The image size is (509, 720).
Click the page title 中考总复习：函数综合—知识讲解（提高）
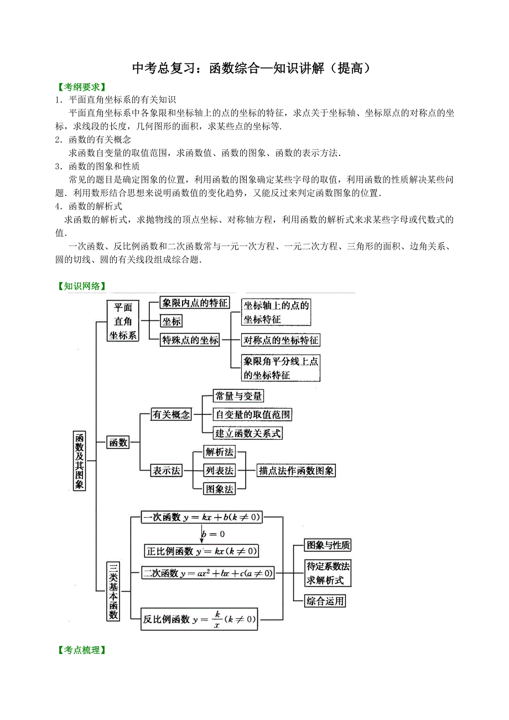251,69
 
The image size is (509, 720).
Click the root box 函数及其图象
80,460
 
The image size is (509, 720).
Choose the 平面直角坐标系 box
123,321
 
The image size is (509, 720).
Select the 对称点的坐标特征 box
281,340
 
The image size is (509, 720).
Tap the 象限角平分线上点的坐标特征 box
281,368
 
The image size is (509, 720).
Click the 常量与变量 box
238,396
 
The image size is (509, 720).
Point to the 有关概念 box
171,415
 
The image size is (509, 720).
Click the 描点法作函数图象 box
297,471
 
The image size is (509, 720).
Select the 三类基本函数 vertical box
113,591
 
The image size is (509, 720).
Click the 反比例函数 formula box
200,619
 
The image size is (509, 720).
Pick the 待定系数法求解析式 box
328,573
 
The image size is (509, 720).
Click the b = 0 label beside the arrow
213,534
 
